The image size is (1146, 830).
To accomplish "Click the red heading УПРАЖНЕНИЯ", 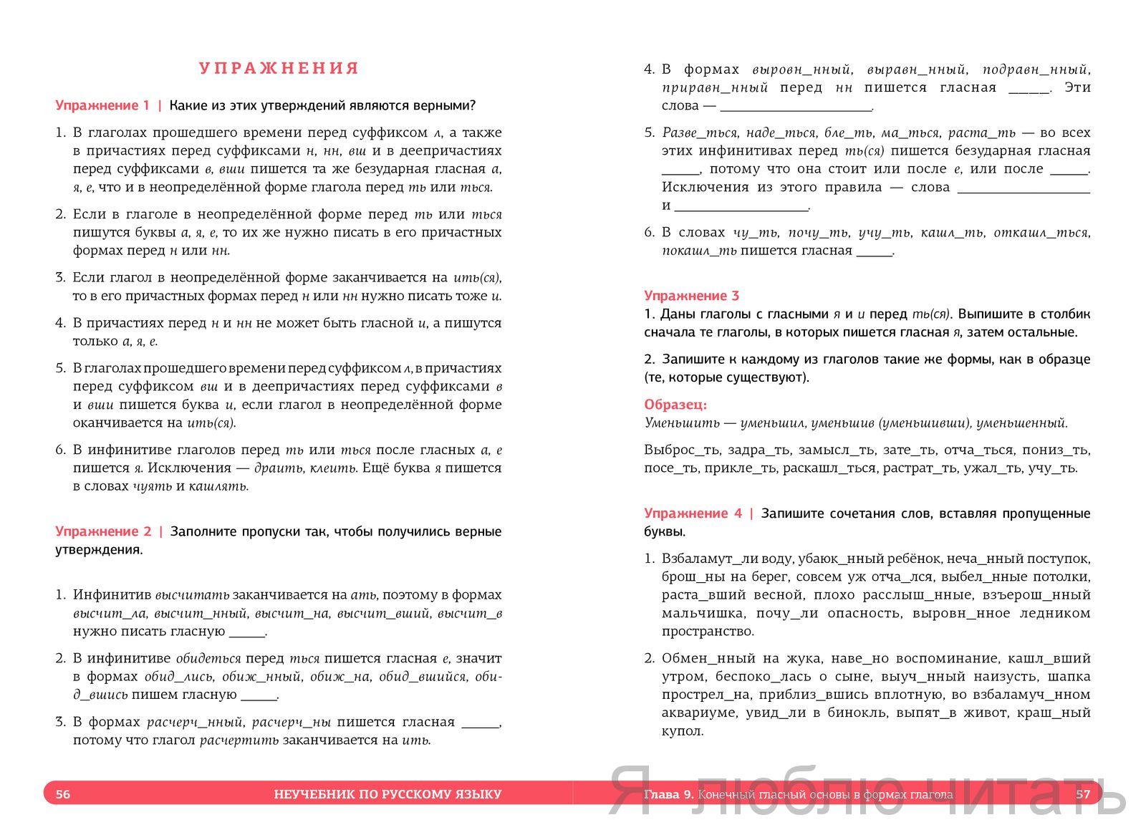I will (x=279, y=69).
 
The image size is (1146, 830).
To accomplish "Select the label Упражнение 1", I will (x=102, y=106).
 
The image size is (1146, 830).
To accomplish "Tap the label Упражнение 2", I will (x=103, y=531).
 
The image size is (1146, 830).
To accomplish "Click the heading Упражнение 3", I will (x=691, y=296).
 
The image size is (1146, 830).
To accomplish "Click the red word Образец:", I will (x=675, y=405).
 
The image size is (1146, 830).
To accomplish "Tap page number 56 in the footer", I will (x=63, y=794).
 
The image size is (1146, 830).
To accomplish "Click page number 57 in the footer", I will (x=1082, y=794).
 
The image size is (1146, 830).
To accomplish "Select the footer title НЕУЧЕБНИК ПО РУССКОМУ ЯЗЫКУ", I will (x=387, y=794).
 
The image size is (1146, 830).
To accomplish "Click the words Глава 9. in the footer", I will (x=669, y=794).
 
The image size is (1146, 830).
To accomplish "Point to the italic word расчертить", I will (x=239, y=740).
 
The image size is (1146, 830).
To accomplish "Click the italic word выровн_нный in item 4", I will (x=801, y=69).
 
